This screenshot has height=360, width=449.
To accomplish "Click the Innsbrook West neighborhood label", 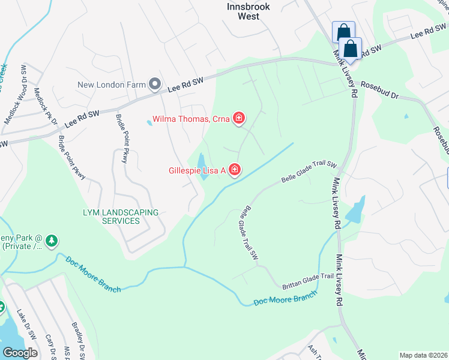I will (249, 11).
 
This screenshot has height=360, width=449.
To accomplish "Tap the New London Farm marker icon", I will (154, 84).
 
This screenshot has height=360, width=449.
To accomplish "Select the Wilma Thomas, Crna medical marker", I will (239, 118).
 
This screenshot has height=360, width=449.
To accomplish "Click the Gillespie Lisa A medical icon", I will (234, 170).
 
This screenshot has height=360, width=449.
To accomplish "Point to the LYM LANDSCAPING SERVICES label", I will (112, 217).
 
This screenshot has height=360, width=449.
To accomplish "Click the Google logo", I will (20, 353).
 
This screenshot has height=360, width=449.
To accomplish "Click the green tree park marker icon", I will (52, 241).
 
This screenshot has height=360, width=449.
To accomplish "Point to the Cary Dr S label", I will (49, 347).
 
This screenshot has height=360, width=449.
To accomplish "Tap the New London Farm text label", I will (112, 85).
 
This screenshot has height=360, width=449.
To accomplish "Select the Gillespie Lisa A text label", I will (196, 171).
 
